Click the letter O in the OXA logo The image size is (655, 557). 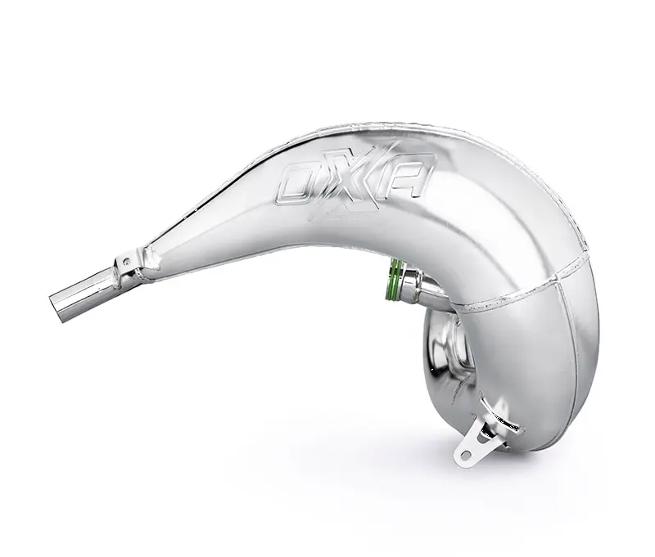(x=297, y=182)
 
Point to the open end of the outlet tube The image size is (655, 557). (x=62, y=303)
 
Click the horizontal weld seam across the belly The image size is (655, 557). (x=508, y=303)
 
